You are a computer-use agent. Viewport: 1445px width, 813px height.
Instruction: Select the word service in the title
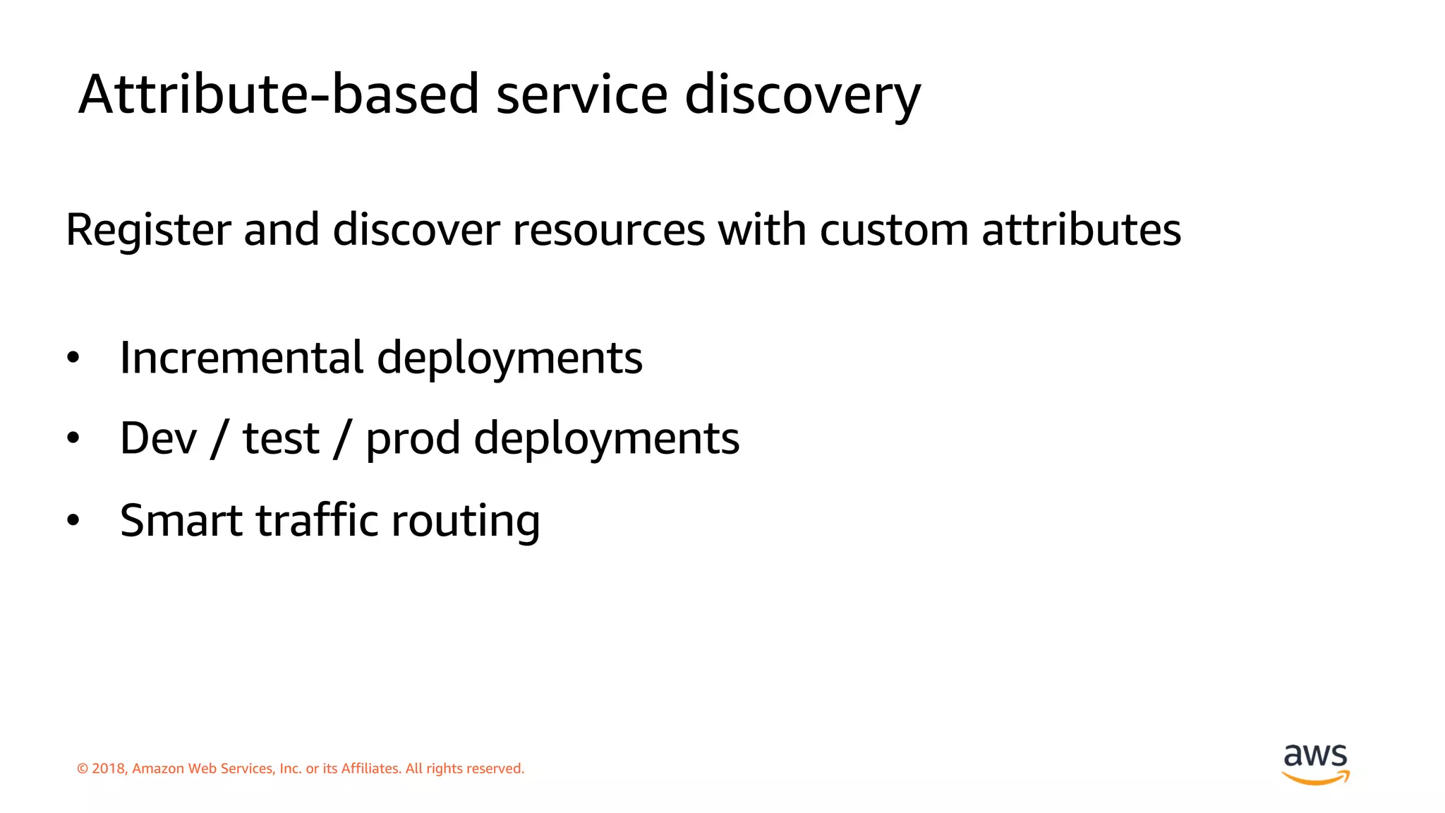581,94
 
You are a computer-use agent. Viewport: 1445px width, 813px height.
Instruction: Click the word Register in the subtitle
148,230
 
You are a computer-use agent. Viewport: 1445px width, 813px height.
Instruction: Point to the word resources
608,230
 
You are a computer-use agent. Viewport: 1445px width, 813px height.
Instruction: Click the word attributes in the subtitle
1081,230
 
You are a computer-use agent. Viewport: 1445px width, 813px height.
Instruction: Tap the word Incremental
241,357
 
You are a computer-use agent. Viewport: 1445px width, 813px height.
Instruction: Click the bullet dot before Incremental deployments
73,359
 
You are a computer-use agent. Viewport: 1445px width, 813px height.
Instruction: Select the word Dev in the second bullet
158,438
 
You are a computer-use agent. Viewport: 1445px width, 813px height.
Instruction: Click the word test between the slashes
281,438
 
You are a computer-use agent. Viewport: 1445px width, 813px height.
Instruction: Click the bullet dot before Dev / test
73,439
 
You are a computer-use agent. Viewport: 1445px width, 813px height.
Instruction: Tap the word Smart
181,520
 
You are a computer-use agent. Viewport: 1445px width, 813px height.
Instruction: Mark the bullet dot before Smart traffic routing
73,521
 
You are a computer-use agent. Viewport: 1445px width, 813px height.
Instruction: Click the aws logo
1315,764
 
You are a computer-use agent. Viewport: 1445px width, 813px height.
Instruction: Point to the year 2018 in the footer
109,769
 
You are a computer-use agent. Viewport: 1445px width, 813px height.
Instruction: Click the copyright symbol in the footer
83,769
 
